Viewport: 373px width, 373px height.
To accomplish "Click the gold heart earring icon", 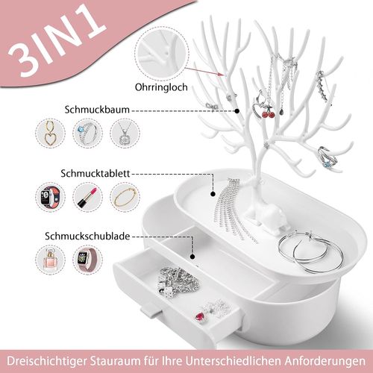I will click(50, 136).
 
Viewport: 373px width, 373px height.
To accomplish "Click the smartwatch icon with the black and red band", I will click(50, 198).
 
